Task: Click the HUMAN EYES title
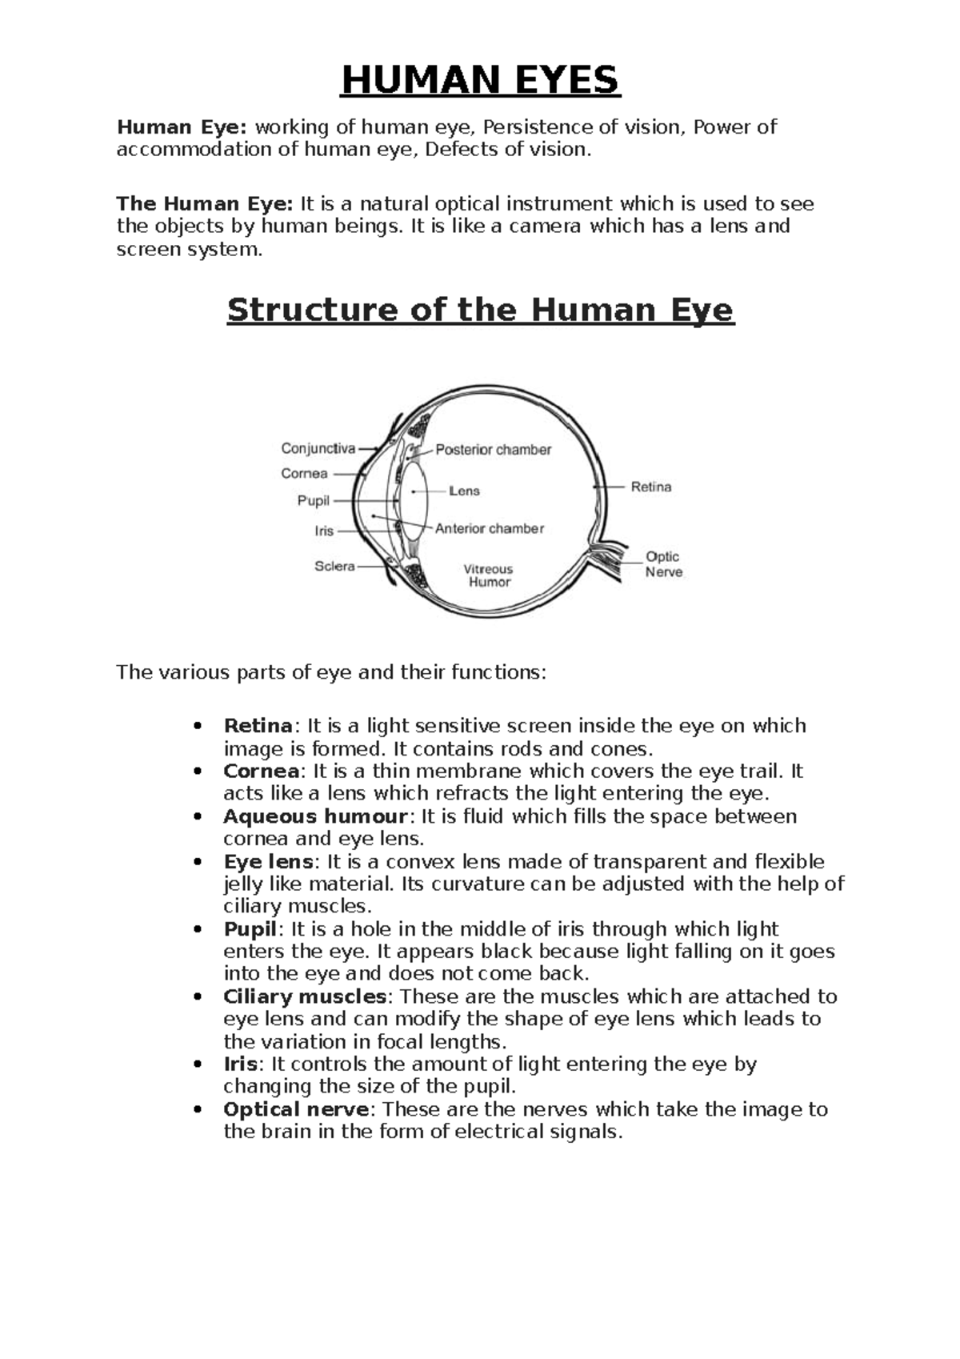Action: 480,80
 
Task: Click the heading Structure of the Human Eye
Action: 480,310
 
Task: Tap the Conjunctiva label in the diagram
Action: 318,449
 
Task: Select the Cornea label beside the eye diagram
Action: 304,474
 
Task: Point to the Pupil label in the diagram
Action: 313,501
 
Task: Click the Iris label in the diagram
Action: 323,531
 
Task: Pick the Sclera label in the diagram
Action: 334,567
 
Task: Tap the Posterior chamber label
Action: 493,450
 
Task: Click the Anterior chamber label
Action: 489,528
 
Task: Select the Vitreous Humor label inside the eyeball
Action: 489,575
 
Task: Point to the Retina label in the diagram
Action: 650,487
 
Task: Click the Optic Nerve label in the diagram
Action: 663,564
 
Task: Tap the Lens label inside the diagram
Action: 464,491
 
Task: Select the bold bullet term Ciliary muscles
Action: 305,997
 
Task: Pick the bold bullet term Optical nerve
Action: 296,1110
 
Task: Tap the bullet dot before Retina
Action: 196,727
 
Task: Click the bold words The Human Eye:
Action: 205,204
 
